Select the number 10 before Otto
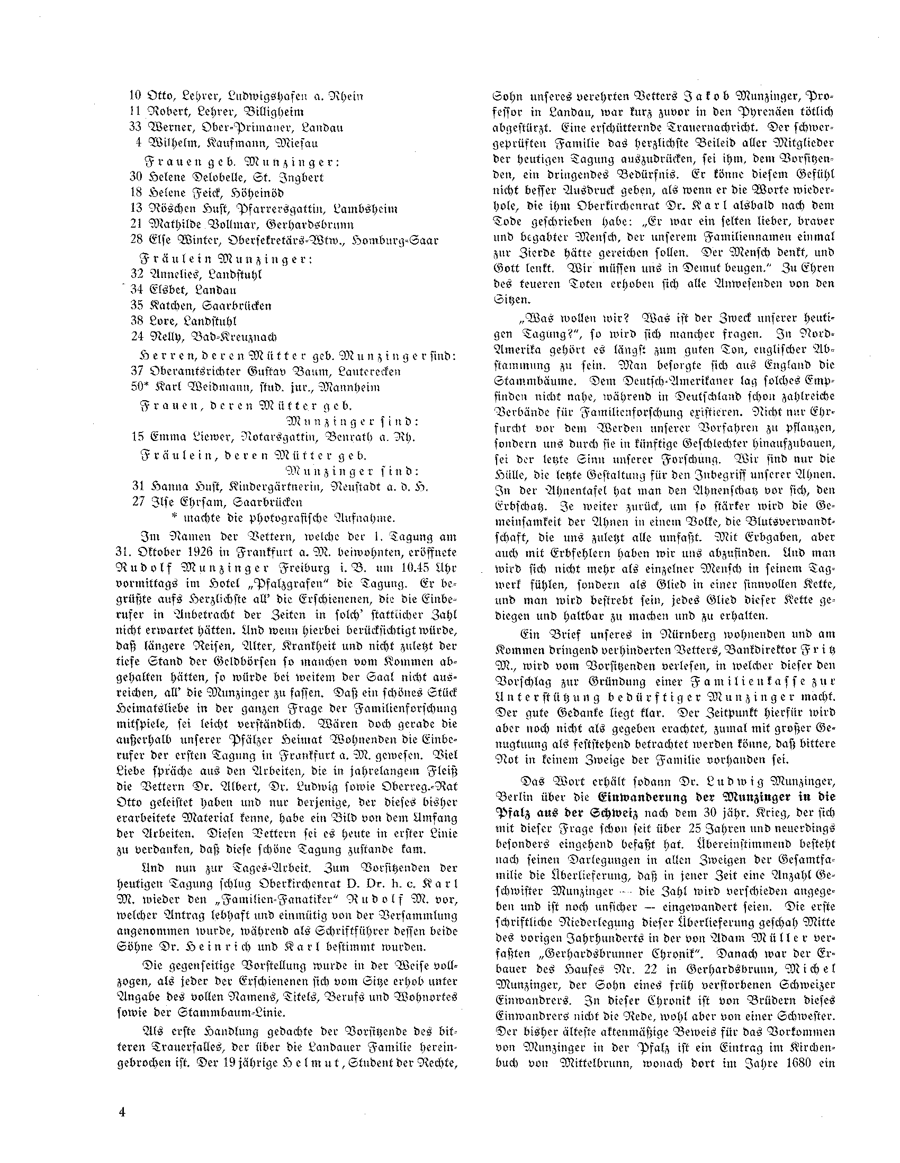pos(136,96)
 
